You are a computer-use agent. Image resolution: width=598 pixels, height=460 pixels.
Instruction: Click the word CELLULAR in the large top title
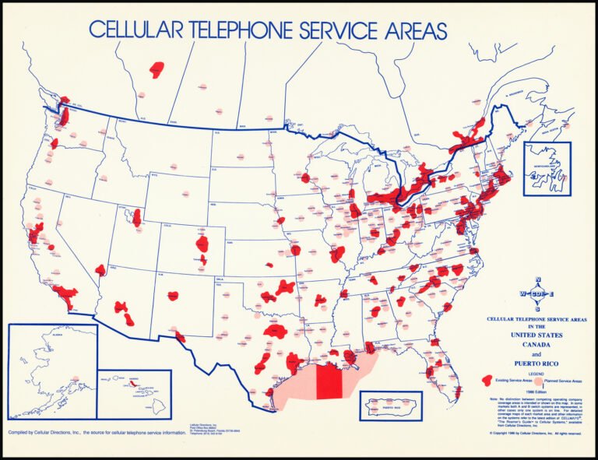coord(136,30)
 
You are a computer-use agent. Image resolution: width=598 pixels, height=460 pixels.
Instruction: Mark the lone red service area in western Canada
coord(158,68)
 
